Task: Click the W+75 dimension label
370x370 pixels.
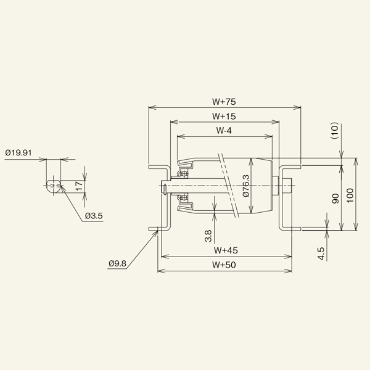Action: click(224, 102)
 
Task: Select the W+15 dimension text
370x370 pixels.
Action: click(224, 117)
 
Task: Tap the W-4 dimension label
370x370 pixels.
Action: click(224, 131)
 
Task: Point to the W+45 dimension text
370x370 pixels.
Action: click(226, 250)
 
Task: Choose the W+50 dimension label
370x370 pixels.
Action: click(224, 265)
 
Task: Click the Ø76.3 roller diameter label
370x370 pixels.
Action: click(245, 186)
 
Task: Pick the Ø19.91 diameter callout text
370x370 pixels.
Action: click(18, 153)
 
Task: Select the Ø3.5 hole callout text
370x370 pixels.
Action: click(94, 216)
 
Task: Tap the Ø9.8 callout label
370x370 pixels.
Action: click(118, 263)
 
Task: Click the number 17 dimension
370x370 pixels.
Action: click(80, 186)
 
